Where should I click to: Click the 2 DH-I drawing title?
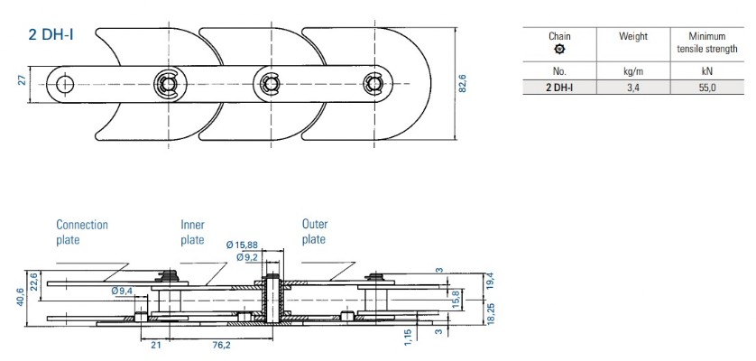click(51, 35)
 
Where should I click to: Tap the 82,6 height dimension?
click(463, 84)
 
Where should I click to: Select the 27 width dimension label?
click(22, 80)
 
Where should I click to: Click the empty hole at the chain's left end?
click(65, 85)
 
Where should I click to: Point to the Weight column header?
click(633, 37)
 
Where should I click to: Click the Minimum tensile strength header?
click(706, 42)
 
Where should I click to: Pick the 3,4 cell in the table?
click(633, 88)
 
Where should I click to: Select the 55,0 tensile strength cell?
click(707, 88)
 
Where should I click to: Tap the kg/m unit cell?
click(633, 72)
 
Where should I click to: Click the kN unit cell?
click(707, 72)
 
